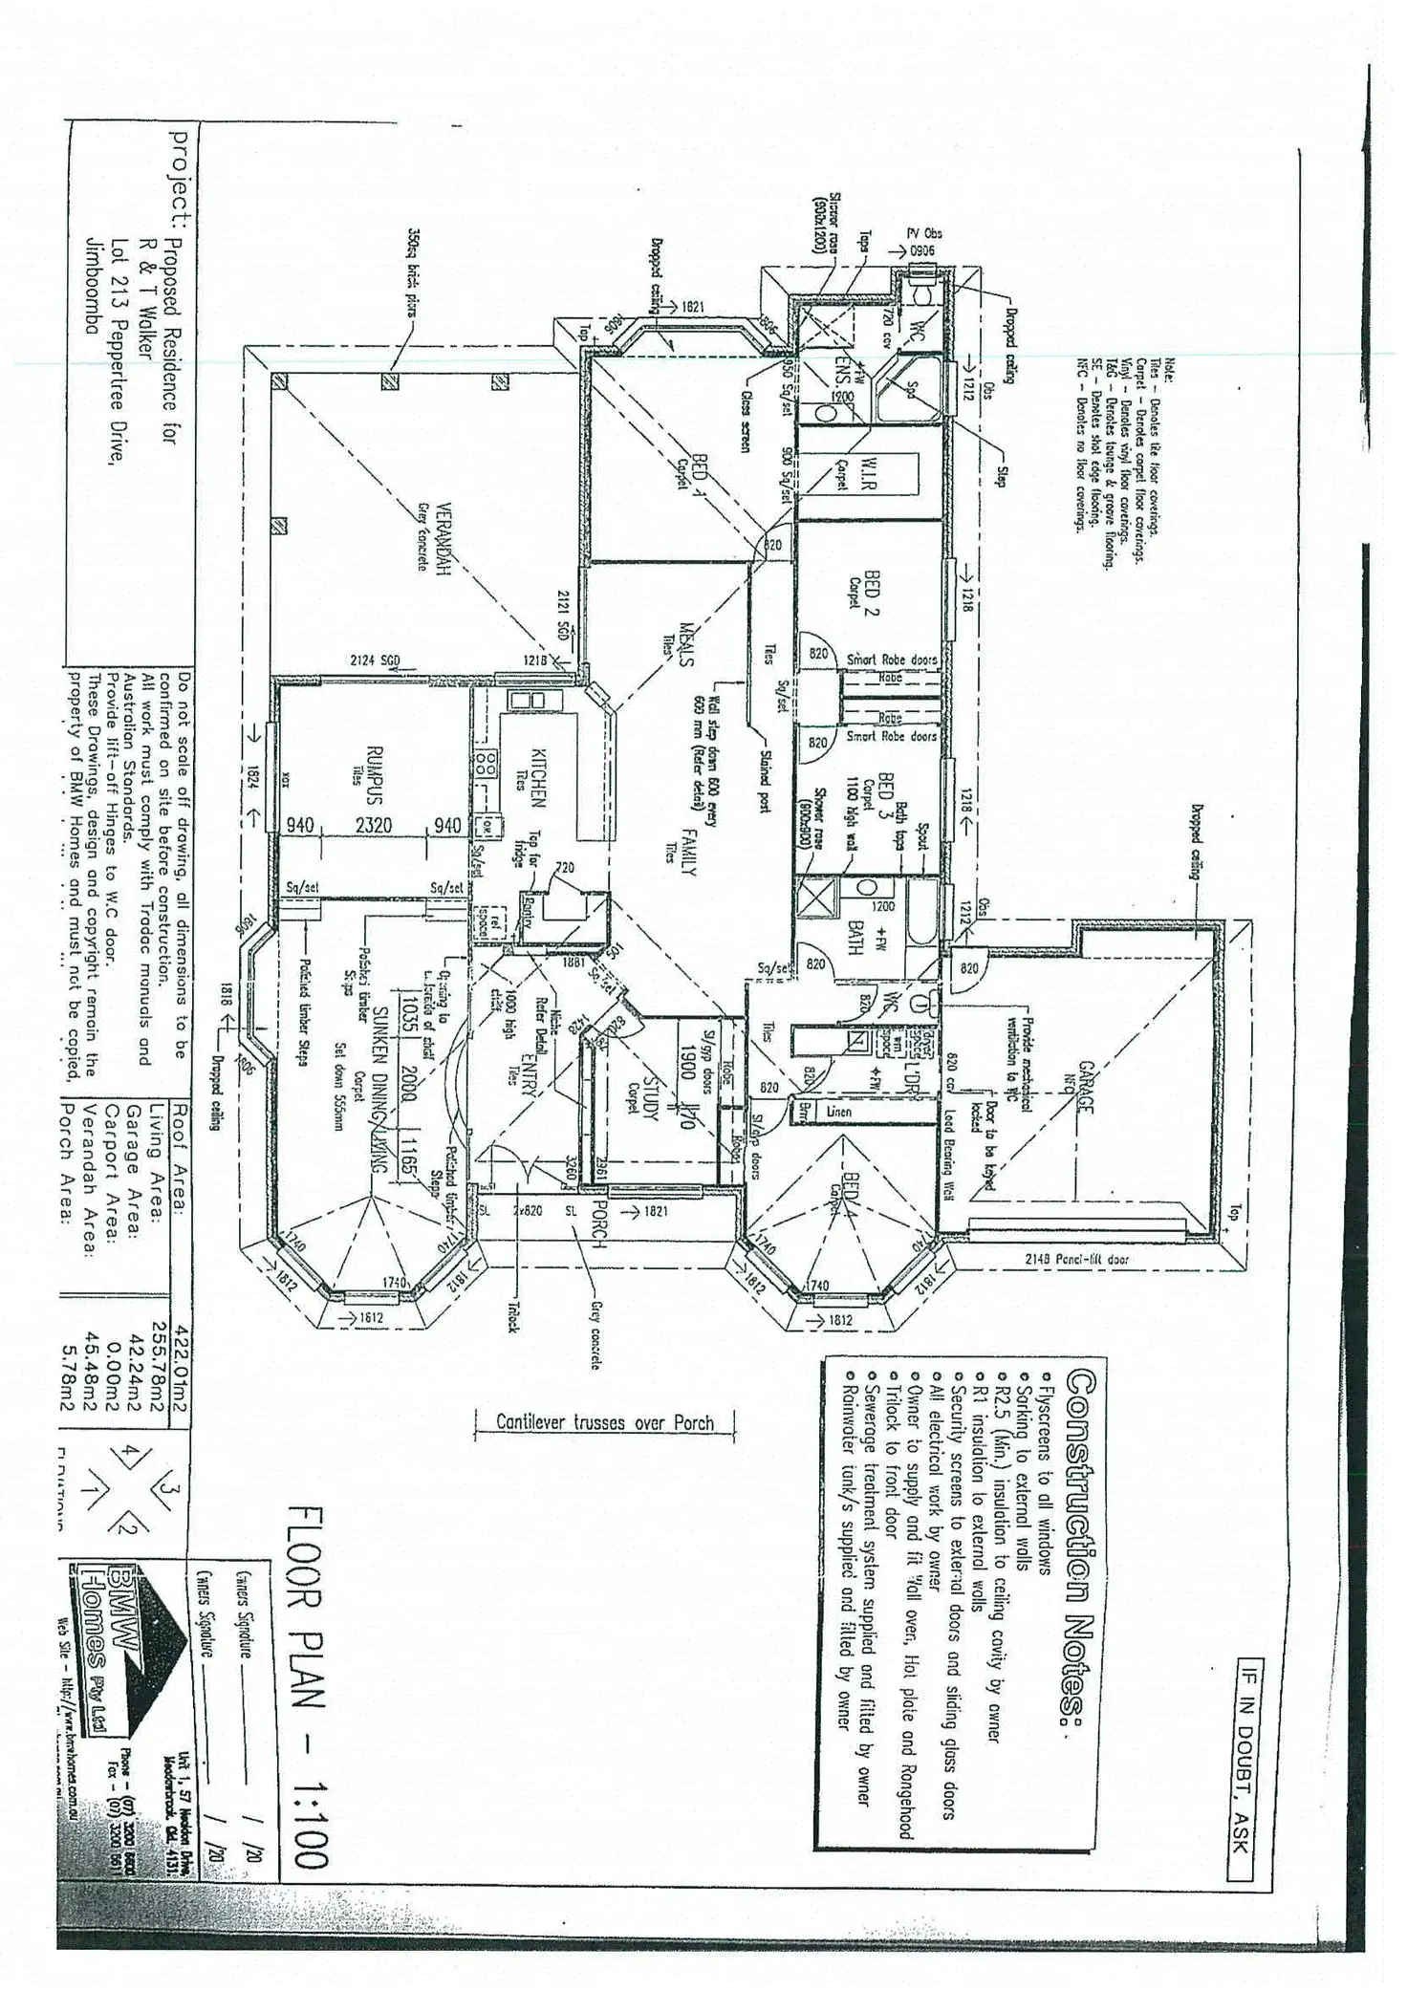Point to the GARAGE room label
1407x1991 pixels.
1085,1086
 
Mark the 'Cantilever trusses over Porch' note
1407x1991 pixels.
605,1421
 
